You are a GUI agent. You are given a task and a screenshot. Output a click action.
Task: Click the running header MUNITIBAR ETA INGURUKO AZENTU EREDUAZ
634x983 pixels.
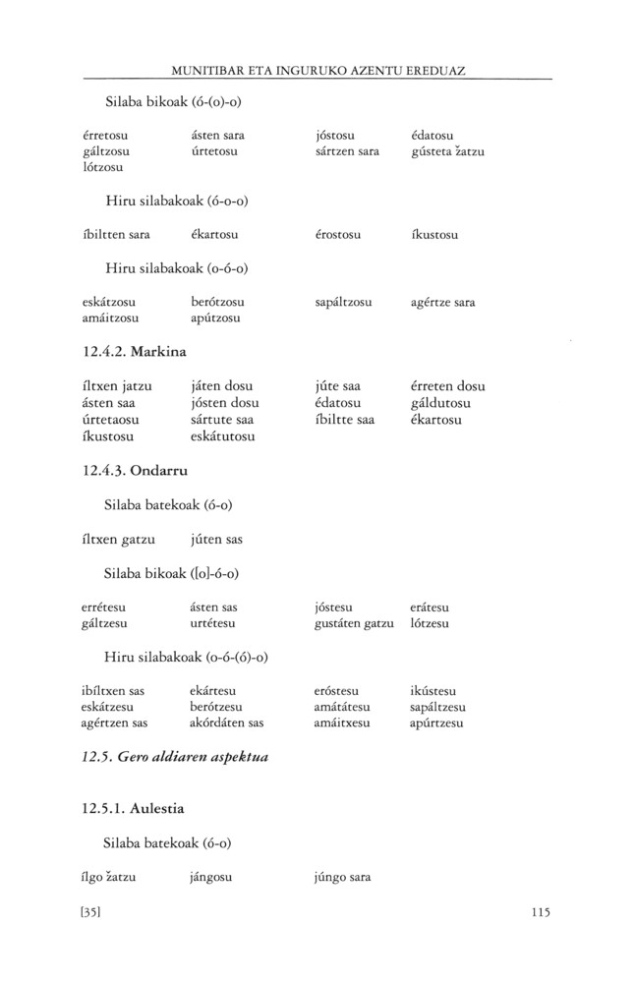pyautogui.click(x=317, y=72)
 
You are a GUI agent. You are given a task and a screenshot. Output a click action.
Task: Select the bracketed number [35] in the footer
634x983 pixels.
pyautogui.click(x=92, y=911)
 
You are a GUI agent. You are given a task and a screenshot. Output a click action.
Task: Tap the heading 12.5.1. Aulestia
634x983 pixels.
pyautogui.click(x=135, y=809)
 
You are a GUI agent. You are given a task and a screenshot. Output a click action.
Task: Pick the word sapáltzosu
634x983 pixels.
pyautogui.click(x=337, y=302)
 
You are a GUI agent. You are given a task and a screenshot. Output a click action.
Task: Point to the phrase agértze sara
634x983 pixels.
pyautogui.click(x=443, y=302)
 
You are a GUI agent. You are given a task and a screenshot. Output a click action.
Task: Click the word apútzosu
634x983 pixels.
pyautogui.click(x=215, y=318)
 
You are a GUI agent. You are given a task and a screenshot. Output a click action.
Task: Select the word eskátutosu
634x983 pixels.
pyautogui.click(x=223, y=436)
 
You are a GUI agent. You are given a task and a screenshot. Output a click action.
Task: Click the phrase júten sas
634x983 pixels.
pyautogui.click(x=216, y=540)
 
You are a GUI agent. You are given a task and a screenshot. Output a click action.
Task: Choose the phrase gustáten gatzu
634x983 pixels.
pyautogui.click(x=348, y=624)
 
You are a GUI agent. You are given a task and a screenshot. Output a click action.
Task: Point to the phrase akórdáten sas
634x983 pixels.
pyautogui.click(x=227, y=723)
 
